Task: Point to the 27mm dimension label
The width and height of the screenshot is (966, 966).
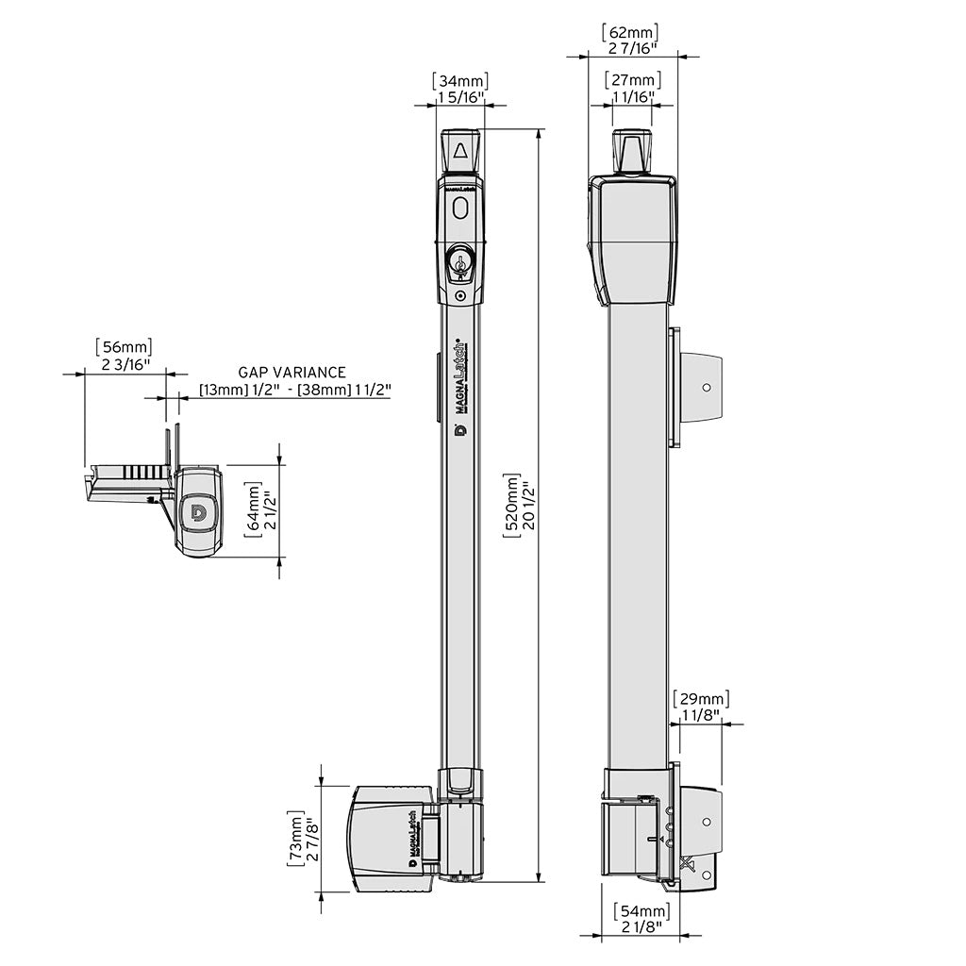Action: coord(632,80)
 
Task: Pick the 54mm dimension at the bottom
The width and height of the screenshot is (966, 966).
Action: coord(641,911)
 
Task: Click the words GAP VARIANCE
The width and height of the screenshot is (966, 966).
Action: coord(291,373)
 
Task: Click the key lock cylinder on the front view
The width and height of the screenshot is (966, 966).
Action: coord(459,260)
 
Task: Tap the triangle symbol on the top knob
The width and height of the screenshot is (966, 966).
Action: coord(459,151)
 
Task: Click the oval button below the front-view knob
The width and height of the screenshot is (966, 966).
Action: coord(459,208)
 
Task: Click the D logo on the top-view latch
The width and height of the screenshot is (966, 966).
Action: coord(198,511)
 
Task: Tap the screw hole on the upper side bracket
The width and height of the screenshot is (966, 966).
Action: coord(708,388)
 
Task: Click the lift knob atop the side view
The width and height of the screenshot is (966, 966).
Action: coord(632,151)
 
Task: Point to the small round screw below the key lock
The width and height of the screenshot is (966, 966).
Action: coord(459,295)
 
